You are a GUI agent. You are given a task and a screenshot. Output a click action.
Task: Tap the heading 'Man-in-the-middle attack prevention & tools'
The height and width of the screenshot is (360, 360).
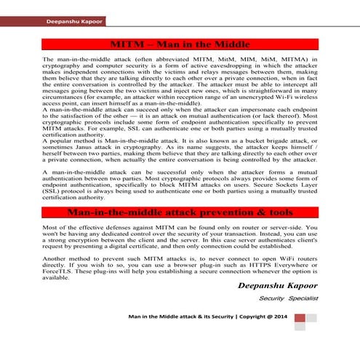[x=179, y=212]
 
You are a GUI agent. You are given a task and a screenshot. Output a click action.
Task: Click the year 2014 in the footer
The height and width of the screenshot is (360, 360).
[x=279, y=318]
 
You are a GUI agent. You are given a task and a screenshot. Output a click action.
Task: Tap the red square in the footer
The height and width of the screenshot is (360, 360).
[x=311, y=318]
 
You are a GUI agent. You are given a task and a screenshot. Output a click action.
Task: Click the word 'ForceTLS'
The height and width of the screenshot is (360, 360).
[x=57, y=271]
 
